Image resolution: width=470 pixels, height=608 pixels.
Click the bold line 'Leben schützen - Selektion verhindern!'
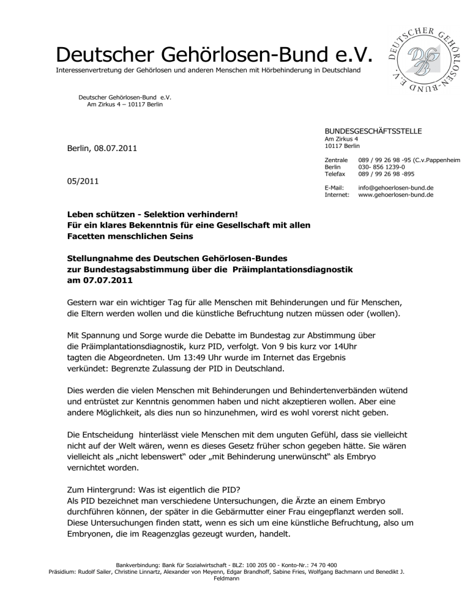pos(160,215)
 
